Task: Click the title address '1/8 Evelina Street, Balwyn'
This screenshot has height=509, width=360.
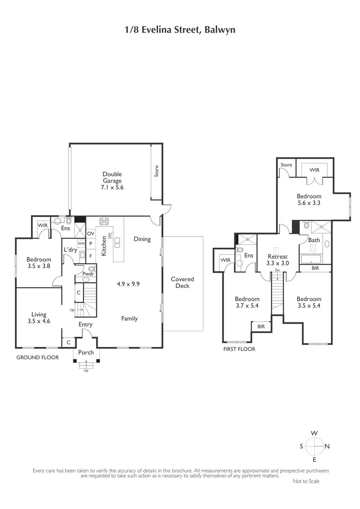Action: click(180, 30)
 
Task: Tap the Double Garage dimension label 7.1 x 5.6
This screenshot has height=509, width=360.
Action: click(112, 187)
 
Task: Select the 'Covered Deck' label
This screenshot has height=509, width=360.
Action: click(183, 282)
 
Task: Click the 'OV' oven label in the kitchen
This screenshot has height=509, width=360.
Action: click(90, 233)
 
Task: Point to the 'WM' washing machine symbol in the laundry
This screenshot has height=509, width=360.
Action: click(81, 243)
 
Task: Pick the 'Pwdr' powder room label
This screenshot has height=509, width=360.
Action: click(88, 274)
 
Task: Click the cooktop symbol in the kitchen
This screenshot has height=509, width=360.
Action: click(104, 221)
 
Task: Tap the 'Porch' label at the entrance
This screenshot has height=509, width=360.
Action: click(86, 352)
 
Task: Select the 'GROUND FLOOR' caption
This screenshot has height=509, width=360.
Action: click(37, 358)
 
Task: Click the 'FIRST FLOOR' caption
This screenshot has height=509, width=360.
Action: click(239, 349)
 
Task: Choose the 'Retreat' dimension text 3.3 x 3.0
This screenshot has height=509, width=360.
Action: click(278, 263)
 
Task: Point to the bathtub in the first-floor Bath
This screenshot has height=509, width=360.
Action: click(311, 259)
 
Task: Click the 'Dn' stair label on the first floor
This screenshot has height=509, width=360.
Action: click(277, 270)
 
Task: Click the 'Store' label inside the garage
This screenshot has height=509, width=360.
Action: click(157, 171)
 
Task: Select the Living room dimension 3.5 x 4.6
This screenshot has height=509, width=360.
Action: click(39, 321)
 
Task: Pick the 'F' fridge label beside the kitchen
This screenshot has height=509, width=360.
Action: click(90, 256)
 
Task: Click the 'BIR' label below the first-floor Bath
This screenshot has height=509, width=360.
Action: click(315, 268)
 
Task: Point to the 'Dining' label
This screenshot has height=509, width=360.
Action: click(142, 239)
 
